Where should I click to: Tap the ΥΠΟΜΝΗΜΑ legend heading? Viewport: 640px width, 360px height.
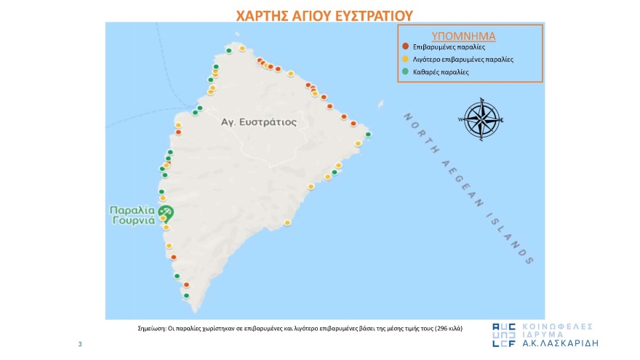(469, 35)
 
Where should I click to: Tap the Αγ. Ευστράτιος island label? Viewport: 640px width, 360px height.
(259, 122)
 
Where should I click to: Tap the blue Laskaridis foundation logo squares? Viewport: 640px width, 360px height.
(505, 335)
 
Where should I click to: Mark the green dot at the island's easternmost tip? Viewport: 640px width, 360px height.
(368, 135)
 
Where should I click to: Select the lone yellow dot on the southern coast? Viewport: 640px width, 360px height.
(287, 223)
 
